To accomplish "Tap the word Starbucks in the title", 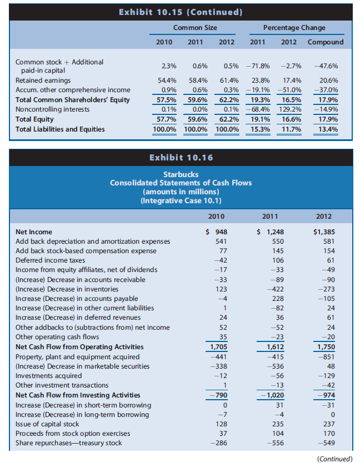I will pyautogui.click(x=180, y=174).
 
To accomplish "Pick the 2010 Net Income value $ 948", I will pyautogui.click(x=221, y=232).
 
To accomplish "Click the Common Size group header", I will pyautogui.click(x=195, y=28).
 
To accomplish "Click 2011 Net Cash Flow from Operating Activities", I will pyautogui.click(x=271, y=347).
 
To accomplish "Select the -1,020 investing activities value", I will pyautogui.click(x=268, y=395).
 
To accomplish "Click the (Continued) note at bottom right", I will pyautogui.click(x=334, y=458).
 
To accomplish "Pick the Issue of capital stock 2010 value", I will pyautogui.click(x=221, y=424).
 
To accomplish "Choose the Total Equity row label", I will pyautogui.click(x=34, y=119).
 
